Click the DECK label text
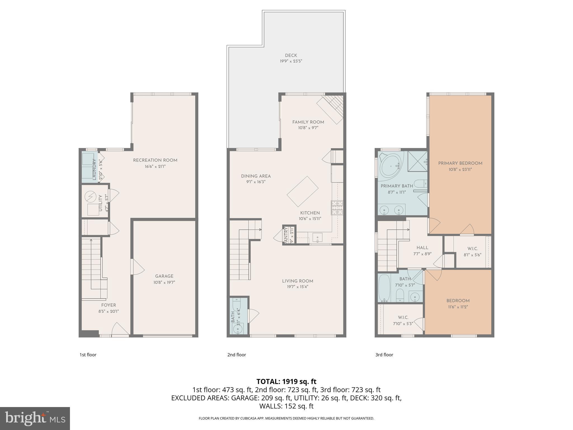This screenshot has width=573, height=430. click(x=291, y=55)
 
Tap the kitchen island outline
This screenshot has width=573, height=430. click(x=302, y=191)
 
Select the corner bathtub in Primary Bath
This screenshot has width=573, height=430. click(x=391, y=165)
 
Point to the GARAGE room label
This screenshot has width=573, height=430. click(x=164, y=276)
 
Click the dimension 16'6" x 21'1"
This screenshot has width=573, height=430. click(x=155, y=166)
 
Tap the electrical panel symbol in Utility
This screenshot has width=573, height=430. click(x=90, y=197)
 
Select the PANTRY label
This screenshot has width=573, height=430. click(x=286, y=235)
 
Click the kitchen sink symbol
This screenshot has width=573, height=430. click(x=318, y=238)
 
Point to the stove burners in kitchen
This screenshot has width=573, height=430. click(x=337, y=208)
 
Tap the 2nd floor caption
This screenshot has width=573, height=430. click(x=236, y=355)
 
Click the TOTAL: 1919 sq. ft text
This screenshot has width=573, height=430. click(x=286, y=381)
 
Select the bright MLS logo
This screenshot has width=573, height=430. click(x=35, y=418)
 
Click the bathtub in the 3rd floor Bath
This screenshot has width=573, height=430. click(x=384, y=288)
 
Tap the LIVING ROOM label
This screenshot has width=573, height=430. click(x=297, y=281)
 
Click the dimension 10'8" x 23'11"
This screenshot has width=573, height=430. click(x=460, y=169)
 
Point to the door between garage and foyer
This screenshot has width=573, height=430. click(x=137, y=267)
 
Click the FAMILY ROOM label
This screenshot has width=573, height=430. click(x=308, y=122)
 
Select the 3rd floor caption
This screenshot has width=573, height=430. click(x=384, y=355)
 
